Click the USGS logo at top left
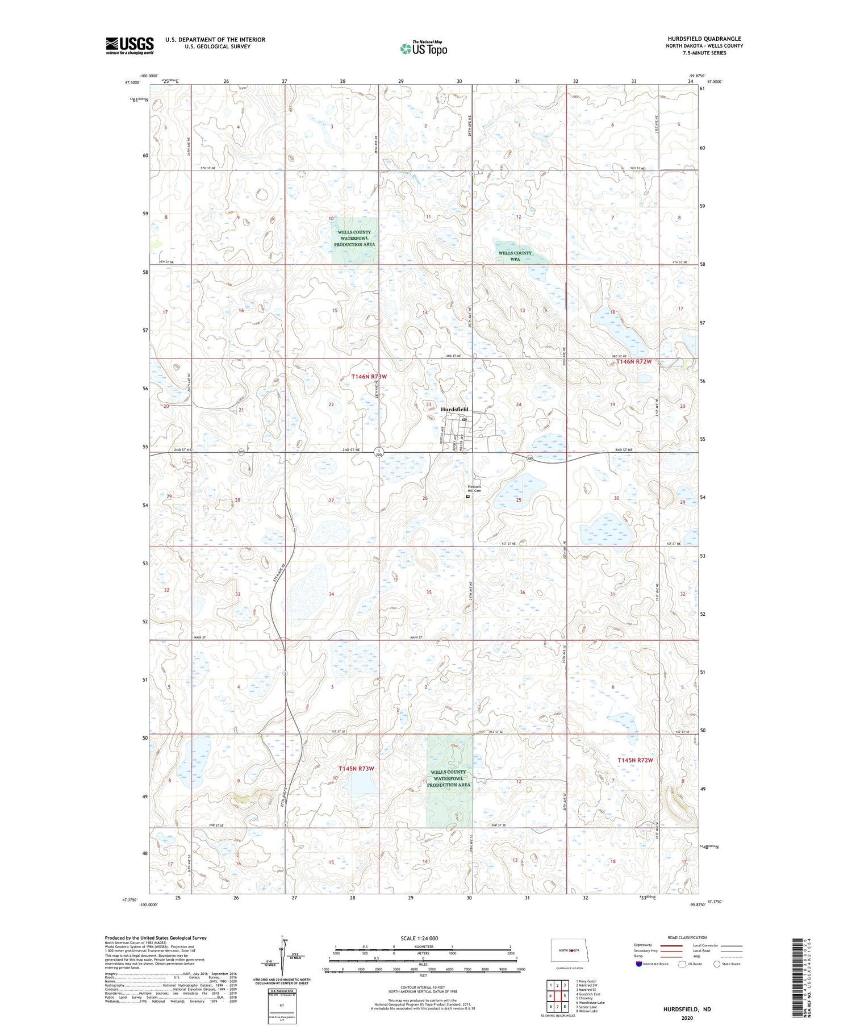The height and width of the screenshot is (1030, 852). coord(130,45)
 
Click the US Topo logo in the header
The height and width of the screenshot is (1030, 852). coord(423,49)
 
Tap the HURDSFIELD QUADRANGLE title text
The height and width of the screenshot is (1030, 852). coord(704,39)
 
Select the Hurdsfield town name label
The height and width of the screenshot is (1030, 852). coord(454,409)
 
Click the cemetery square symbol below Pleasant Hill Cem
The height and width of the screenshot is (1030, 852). coord(468,497)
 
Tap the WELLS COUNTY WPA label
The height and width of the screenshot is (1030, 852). coord(515,256)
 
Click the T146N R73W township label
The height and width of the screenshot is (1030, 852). coord(369,377)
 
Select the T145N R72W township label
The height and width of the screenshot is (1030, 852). coord(635,760)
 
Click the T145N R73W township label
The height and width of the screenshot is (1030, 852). coord(356,769)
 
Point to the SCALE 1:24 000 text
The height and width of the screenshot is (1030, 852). coord(419,938)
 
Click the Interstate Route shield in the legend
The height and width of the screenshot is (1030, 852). coord(640,964)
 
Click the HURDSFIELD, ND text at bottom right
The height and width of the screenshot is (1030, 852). coord(687,1009)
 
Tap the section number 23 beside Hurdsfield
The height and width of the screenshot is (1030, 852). coord(429,405)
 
